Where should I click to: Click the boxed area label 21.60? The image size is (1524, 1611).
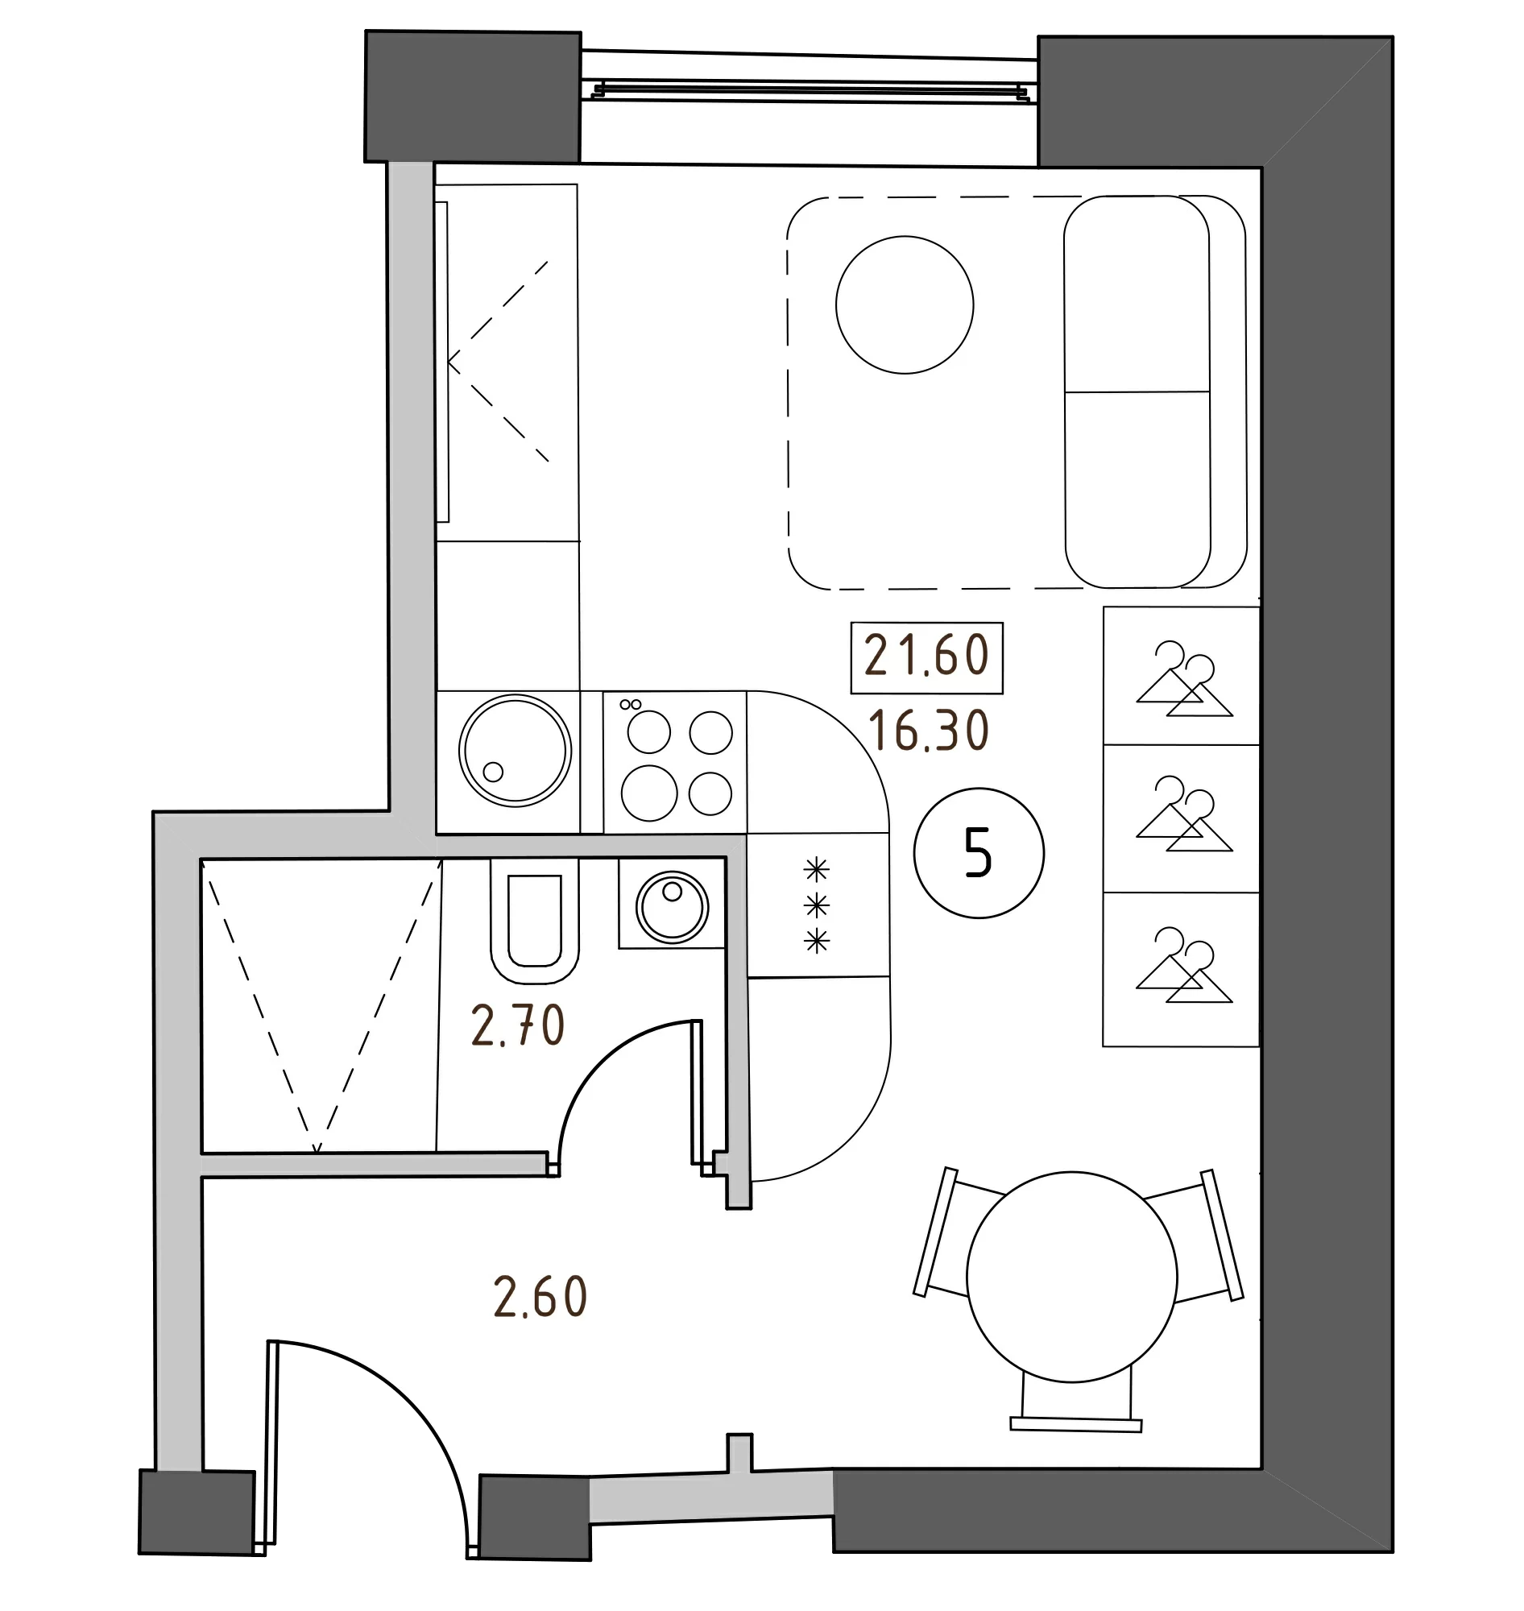coord(926,657)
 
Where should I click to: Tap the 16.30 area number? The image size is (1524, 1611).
coord(928,731)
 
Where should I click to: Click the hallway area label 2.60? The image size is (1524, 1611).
coord(540,1298)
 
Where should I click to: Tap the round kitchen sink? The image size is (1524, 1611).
coord(514,750)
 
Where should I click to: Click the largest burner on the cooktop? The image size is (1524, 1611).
coord(649,793)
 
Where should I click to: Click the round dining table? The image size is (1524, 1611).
coord(1071,1276)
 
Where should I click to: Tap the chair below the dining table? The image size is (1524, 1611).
coord(1075,1400)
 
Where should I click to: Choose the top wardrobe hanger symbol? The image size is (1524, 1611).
coord(1183,681)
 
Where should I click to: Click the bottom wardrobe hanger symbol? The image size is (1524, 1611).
coord(1183,966)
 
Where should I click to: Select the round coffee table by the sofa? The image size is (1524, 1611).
coord(904,305)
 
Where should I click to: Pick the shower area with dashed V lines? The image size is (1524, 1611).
coord(318,1004)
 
